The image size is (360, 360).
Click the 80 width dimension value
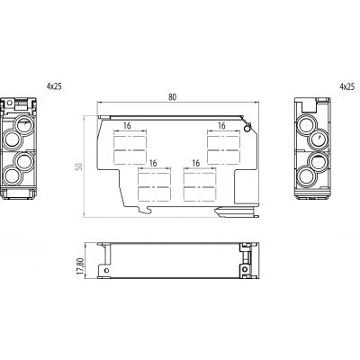point(172,97)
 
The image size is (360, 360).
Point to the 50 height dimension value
point(78,166)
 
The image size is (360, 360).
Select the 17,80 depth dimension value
point(80,265)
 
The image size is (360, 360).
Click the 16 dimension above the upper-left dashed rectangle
point(127,126)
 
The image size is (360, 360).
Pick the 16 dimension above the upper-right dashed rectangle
point(221,126)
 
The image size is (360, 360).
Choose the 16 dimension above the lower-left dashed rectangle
point(153,163)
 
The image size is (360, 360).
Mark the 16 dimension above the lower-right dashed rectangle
point(195,163)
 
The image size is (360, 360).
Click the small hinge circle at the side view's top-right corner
point(247,129)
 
